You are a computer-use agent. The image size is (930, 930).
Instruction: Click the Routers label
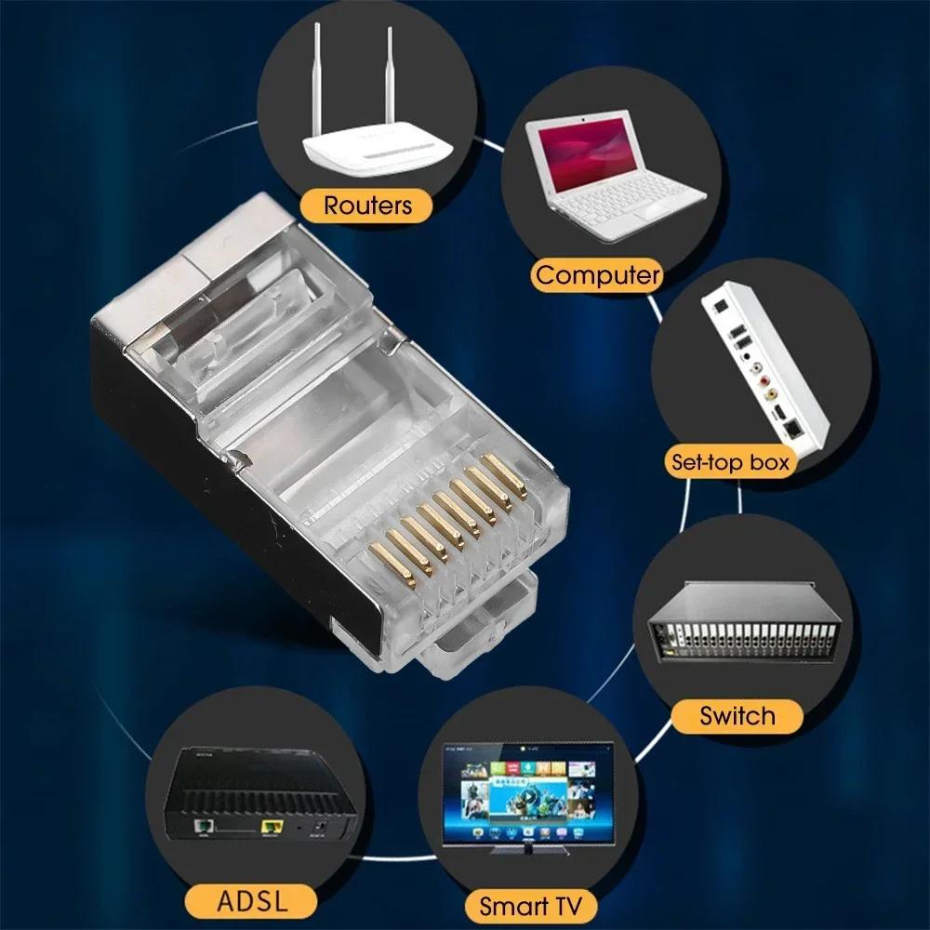pos(366,206)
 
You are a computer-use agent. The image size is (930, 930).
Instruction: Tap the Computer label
pos(598,275)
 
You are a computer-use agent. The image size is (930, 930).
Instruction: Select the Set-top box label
pos(730,461)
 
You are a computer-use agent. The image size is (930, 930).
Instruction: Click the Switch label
pos(737,715)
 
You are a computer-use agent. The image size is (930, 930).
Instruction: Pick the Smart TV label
pos(530,904)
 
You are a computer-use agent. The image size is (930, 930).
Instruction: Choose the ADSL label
pos(252,900)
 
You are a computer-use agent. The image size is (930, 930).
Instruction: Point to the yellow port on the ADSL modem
pos(272,825)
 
